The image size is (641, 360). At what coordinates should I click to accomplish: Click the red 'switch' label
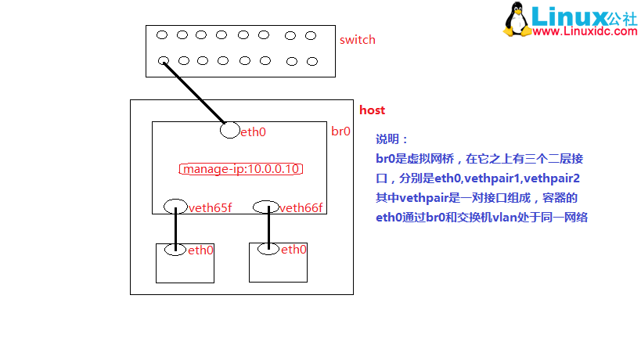(x=357, y=40)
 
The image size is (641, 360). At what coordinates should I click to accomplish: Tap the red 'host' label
(x=372, y=110)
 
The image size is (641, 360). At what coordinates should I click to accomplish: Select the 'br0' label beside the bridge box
(x=340, y=131)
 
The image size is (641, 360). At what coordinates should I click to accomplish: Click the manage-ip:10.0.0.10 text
(x=242, y=169)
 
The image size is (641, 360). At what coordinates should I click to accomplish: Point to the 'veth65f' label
(x=211, y=207)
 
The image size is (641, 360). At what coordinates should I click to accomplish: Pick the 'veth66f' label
(x=301, y=207)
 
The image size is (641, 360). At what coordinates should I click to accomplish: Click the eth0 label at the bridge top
(x=253, y=131)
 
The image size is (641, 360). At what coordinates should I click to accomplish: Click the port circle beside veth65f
(x=175, y=207)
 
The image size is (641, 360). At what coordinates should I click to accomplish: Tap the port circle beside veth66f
(x=267, y=207)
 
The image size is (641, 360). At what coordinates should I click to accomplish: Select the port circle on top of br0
(x=230, y=130)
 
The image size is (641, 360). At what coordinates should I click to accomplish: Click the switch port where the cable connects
(x=163, y=60)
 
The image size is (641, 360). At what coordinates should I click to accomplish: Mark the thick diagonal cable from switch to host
(x=196, y=95)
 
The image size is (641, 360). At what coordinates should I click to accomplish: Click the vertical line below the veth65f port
(x=175, y=228)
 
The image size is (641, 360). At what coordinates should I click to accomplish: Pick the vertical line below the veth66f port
(x=268, y=228)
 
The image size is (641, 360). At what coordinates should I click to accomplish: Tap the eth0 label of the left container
(x=200, y=250)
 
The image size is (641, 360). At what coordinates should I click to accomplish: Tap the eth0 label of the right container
(x=293, y=250)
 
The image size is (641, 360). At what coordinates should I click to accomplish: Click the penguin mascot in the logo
(x=517, y=19)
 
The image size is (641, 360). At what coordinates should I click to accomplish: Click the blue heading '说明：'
(x=392, y=139)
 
